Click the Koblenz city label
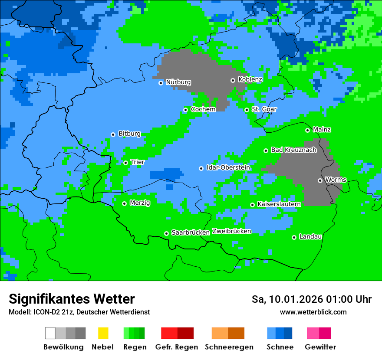click(250, 79)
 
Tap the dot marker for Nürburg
click(161, 82)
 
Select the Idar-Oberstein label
click(228, 167)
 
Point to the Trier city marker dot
click(125, 163)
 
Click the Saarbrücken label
click(191, 232)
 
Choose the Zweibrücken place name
click(232, 231)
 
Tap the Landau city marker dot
click(294, 237)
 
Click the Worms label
click(336, 180)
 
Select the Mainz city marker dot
click(307, 130)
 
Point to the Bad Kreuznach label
click(293, 150)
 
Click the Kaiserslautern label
click(279, 204)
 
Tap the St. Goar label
click(264, 109)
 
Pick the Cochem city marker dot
click(185, 110)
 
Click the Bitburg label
click(129, 134)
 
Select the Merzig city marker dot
click(124, 203)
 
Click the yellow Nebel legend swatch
click(103, 333)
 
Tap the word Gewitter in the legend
click(320, 347)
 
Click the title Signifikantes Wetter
click(72, 299)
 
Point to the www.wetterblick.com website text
click(313, 312)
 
